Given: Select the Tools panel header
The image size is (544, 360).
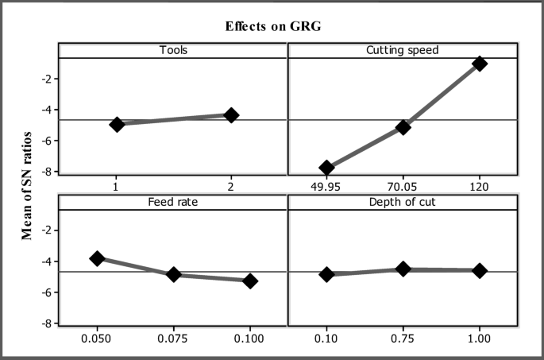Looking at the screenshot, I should (173, 50).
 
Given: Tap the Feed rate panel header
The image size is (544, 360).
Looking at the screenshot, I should (173, 202).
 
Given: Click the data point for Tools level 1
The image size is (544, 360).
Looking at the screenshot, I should (117, 124).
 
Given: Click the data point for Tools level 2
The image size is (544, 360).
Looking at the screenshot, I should (231, 115).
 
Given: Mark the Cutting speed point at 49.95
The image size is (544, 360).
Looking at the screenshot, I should (326, 168).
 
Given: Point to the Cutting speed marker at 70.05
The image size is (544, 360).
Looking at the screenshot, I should (403, 127).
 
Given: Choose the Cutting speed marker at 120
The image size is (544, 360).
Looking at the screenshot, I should (479, 64).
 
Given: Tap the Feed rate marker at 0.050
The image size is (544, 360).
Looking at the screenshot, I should (97, 258).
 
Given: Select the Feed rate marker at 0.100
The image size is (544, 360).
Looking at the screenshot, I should (250, 281).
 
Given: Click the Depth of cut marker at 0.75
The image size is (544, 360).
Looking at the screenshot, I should (403, 269).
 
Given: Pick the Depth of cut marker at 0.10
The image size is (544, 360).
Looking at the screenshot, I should (326, 274).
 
